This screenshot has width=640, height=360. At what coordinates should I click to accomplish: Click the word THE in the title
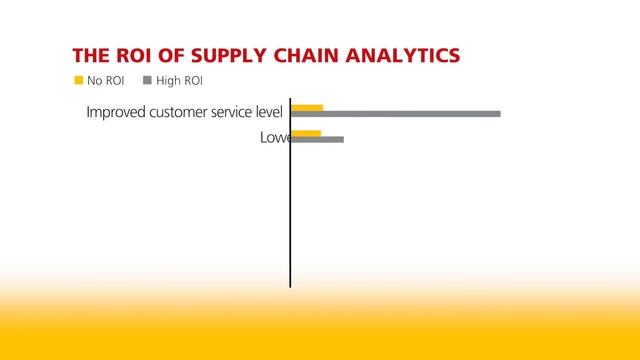(x=90, y=54)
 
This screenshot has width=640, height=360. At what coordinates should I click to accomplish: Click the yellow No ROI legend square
(x=78, y=80)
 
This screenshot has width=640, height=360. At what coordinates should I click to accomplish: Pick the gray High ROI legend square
(x=148, y=80)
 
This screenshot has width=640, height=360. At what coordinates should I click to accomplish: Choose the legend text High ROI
(x=180, y=80)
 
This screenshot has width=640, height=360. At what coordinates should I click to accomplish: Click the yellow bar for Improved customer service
(x=307, y=107)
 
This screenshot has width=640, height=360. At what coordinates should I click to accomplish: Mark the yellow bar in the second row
(x=306, y=133)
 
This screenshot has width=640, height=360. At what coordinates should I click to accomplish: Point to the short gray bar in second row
(x=317, y=139)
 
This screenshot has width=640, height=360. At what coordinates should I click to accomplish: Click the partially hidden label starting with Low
(x=274, y=137)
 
